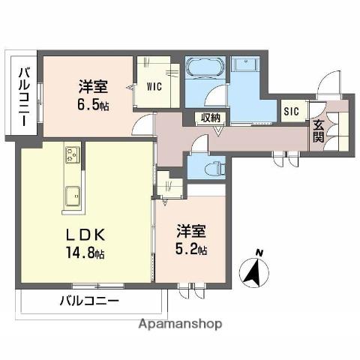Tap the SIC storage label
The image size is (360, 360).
(x=291, y=112)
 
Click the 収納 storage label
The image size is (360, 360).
(x=210, y=117)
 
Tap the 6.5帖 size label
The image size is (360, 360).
(x=93, y=106)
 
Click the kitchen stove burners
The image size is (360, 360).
(x=73, y=156)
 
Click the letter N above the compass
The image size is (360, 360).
(x=257, y=252)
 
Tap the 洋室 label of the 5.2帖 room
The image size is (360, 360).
(x=191, y=229)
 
